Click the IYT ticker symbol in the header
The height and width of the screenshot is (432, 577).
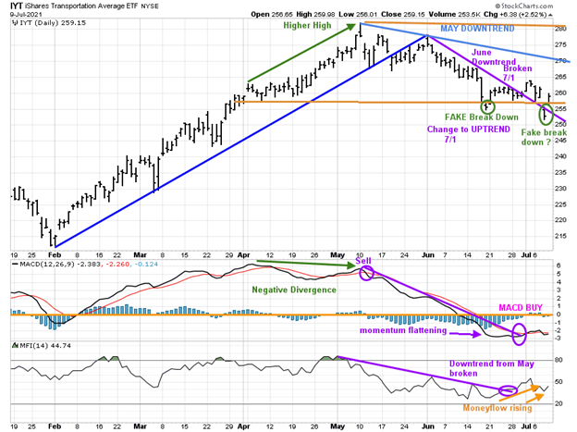16,6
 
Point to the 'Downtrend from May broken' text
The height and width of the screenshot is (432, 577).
491,371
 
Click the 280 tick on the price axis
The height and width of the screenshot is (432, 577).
561,28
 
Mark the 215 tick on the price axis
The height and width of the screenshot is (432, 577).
561,236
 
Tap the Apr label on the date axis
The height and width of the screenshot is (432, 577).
242,253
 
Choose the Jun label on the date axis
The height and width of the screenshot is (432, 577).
425,253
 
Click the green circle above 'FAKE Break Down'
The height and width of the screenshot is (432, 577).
487,106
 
